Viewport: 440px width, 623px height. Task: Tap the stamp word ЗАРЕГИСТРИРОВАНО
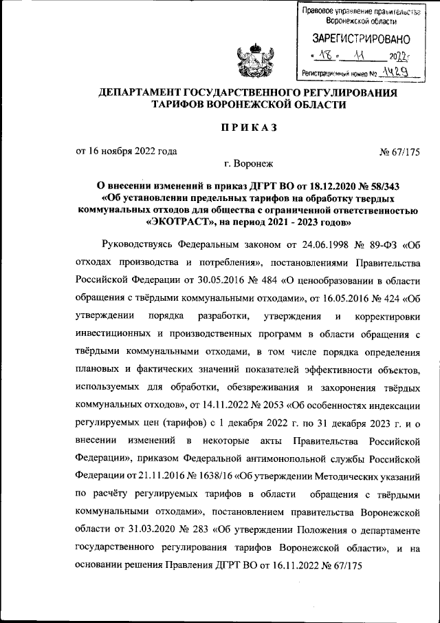point(362,39)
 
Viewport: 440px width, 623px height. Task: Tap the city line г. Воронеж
point(248,164)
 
